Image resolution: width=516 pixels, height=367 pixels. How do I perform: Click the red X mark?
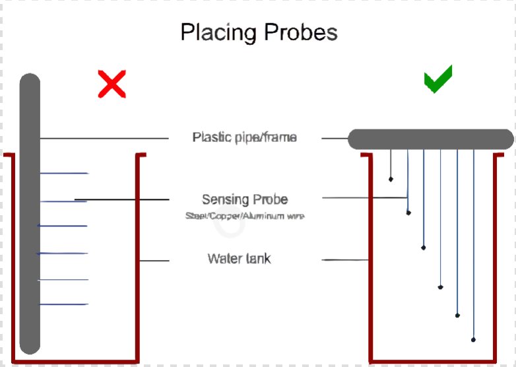(112, 84)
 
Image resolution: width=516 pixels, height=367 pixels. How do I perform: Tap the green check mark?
(437, 80)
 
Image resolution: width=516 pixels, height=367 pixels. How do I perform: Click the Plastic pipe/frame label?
(244, 137)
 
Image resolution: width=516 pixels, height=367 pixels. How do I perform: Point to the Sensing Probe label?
(245, 199)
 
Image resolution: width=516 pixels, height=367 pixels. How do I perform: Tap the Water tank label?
(239, 258)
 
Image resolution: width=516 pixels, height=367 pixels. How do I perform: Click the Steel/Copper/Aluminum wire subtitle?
(245, 216)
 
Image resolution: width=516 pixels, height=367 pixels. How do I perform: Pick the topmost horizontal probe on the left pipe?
(64, 174)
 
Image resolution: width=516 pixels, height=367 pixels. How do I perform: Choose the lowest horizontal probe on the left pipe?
(63, 304)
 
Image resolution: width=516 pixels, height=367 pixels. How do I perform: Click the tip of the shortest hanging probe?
(391, 179)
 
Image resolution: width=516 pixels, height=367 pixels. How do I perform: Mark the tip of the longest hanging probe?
(474, 339)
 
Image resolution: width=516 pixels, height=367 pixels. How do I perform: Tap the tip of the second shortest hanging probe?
(408, 213)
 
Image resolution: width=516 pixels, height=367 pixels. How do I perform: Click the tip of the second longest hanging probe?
(457, 315)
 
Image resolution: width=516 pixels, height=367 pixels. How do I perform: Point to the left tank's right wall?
(139, 264)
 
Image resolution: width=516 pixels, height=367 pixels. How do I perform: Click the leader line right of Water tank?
(344, 260)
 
